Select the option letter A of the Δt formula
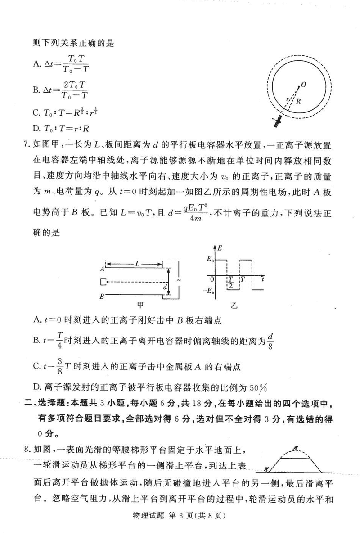pos(37,63)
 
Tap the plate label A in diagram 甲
pos(103,269)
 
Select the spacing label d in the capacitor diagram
pos(165,287)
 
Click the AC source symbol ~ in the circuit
pos(180,280)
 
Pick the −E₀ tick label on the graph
pos(208,291)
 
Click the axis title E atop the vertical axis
pos(220,247)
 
